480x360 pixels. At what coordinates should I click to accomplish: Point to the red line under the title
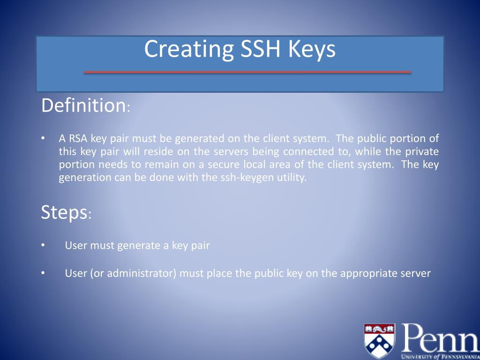click(x=247, y=72)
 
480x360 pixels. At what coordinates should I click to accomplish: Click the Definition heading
click(x=82, y=105)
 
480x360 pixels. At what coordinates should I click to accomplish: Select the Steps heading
click(x=64, y=212)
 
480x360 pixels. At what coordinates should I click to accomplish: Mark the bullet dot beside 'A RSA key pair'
click(x=43, y=138)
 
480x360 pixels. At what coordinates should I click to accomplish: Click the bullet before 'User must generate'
click(x=43, y=246)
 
